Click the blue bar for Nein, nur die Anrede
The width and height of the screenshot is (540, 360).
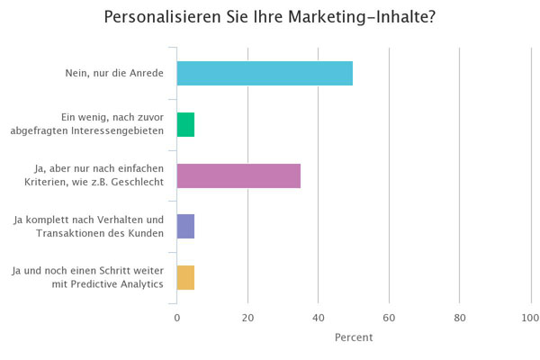[265, 73]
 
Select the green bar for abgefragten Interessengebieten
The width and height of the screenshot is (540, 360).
[185, 124]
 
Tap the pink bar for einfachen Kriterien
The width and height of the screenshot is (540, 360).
[238, 175]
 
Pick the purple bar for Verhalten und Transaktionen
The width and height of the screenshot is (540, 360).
[185, 227]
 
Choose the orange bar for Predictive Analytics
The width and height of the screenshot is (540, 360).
[185, 278]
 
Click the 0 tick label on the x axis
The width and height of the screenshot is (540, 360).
[177, 318]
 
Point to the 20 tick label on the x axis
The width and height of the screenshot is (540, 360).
[247, 318]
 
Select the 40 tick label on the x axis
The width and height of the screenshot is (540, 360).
[318, 318]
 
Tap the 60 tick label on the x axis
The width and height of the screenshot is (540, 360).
[389, 318]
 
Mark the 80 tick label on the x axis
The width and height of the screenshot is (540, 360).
[459, 318]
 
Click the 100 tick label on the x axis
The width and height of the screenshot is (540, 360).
[529, 318]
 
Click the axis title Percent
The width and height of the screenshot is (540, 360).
[353, 337]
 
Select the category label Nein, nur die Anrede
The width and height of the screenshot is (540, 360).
[115, 73]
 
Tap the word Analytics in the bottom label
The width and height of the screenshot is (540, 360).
[141, 285]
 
